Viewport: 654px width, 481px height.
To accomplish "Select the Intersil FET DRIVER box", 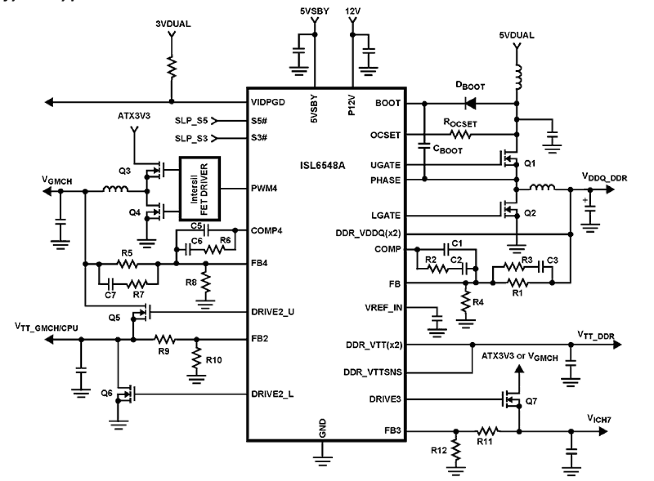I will pyautogui.click(x=200, y=188).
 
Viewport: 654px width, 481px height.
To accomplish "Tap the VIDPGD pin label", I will pyautogui.click(x=268, y=102).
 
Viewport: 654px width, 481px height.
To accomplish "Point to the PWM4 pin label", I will pyautogui.click(x=263, y=188).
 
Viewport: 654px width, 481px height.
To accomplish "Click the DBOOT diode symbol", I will pyautogui.click(x=471, y=103).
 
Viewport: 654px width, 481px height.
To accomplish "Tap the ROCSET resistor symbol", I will pyautogui.click(x=461, y=135).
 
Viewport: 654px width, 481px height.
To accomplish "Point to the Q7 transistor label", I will pyautogui.click(x=531, y=401).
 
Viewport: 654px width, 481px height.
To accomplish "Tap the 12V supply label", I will pyautogui.click(x=353, y=10).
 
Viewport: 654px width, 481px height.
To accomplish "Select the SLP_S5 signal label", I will pyautogui.click(x=191, y=121).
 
